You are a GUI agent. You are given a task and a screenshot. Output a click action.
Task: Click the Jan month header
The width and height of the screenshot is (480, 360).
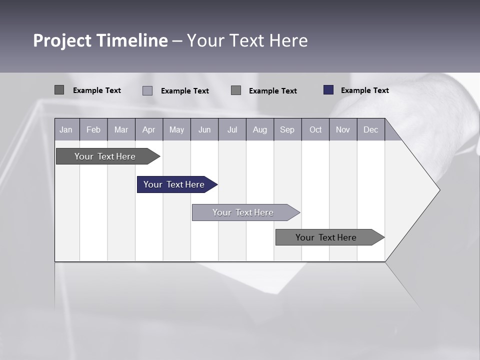(66, 129)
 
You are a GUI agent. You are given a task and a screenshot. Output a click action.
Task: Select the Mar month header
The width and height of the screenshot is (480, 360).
(121, 129)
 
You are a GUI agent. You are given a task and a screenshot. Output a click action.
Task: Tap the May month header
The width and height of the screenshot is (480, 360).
(176, 129)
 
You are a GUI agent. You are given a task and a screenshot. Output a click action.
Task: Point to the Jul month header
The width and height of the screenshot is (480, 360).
(232, 129)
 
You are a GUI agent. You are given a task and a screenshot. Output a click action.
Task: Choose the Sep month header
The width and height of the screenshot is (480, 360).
(287, 129)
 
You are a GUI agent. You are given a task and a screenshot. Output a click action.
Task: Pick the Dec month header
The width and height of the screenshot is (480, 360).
(370, 129)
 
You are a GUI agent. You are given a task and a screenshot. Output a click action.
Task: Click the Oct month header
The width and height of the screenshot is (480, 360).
(315, 129)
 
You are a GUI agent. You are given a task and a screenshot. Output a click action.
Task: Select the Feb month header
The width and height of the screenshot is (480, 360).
(93, 129)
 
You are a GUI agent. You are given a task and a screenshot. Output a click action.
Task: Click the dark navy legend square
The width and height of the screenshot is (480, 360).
(328, 90)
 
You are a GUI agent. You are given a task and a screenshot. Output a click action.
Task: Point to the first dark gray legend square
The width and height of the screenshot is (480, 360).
(59, 90)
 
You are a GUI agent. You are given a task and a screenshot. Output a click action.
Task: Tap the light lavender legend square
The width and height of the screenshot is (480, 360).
(147, 90)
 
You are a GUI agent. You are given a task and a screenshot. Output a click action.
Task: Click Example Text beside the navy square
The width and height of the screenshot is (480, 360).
(364, 90)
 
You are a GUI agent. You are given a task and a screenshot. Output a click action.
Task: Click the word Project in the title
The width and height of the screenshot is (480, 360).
(62, 40)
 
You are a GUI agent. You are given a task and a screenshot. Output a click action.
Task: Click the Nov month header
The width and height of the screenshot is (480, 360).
(343, 129)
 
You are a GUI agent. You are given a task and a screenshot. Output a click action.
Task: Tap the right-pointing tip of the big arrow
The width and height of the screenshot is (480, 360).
(438, 190)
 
